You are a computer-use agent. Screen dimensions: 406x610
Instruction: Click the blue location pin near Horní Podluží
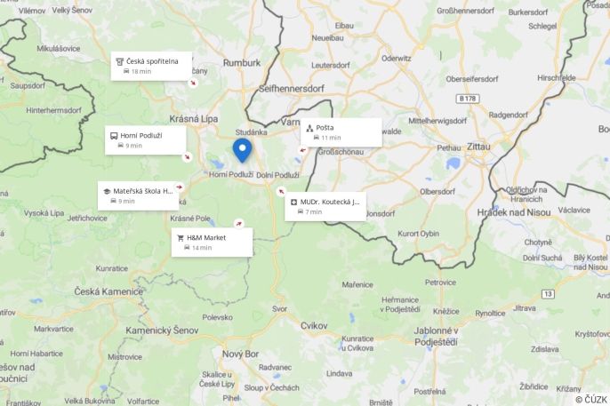coord(241,148)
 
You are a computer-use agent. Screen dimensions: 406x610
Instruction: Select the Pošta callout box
coord(341,132)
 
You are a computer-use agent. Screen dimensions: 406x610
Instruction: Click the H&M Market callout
coord(212,242)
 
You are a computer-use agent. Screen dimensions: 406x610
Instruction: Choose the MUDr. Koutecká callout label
coord(325,206)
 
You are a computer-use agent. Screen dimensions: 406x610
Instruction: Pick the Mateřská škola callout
coord(139,195)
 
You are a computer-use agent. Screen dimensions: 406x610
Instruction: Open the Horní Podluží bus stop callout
coord(146,139)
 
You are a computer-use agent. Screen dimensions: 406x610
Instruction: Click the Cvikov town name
coord(314,326)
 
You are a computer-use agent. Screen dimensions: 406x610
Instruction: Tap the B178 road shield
coord(470,98)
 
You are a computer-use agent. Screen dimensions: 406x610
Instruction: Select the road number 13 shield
coord(549,293)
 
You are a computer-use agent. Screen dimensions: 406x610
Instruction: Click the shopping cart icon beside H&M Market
coord(181,238)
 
